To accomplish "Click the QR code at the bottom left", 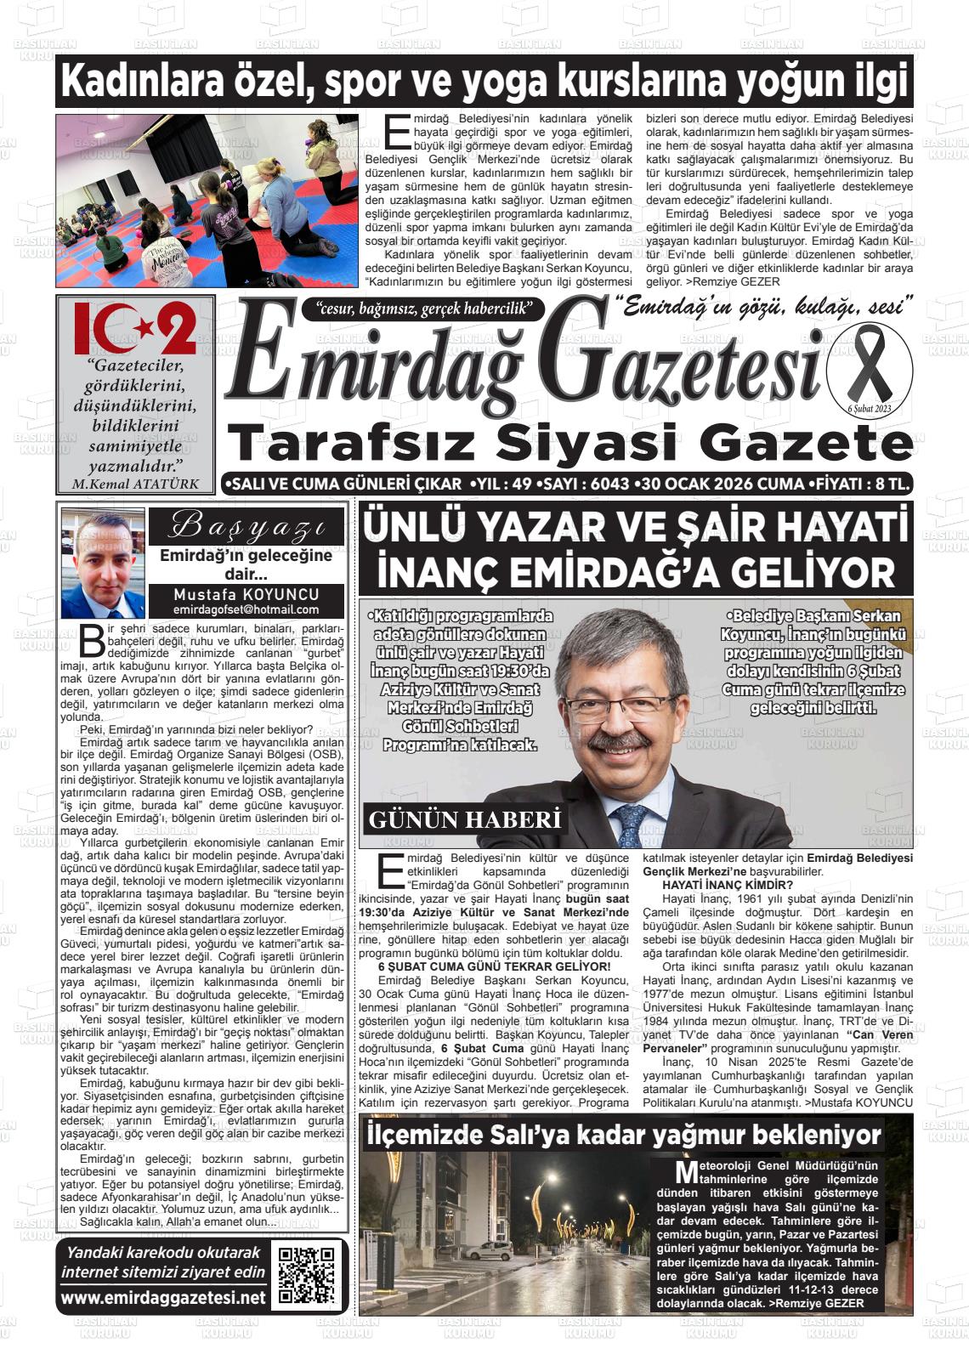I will point(307,1275).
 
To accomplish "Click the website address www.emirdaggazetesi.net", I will point(163,1298).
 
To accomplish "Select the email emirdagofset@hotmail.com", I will point(246,609).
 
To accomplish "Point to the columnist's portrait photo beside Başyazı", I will point(103,563).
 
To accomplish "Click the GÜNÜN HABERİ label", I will point(465,820).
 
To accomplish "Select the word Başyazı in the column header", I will point(246,526).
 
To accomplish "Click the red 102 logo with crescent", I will point(135,329).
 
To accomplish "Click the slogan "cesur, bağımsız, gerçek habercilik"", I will point(422,309).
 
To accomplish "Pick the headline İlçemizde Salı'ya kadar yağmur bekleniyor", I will point(622,1135).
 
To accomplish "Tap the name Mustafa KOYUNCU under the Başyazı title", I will point(246,594).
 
